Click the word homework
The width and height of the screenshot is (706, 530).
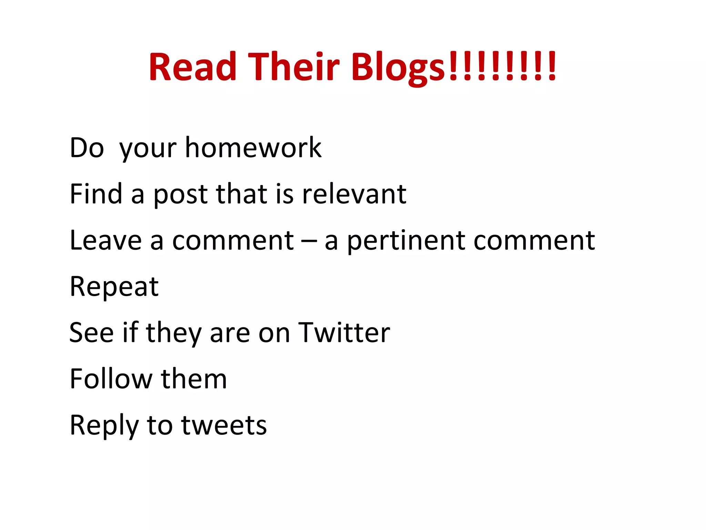pos(253,148)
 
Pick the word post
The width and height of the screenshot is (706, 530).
pos(181,194)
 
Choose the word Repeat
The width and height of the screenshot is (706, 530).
pos(114,287)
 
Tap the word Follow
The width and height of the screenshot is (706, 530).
pos(111,379)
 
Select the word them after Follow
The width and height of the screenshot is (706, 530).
pos(194,379)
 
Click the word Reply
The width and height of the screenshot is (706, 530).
pos(104,425)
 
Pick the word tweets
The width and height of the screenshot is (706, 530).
pos(224,425)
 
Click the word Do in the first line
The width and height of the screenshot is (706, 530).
pos(87,148)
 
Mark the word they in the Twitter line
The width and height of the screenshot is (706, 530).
pos(174,333)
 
